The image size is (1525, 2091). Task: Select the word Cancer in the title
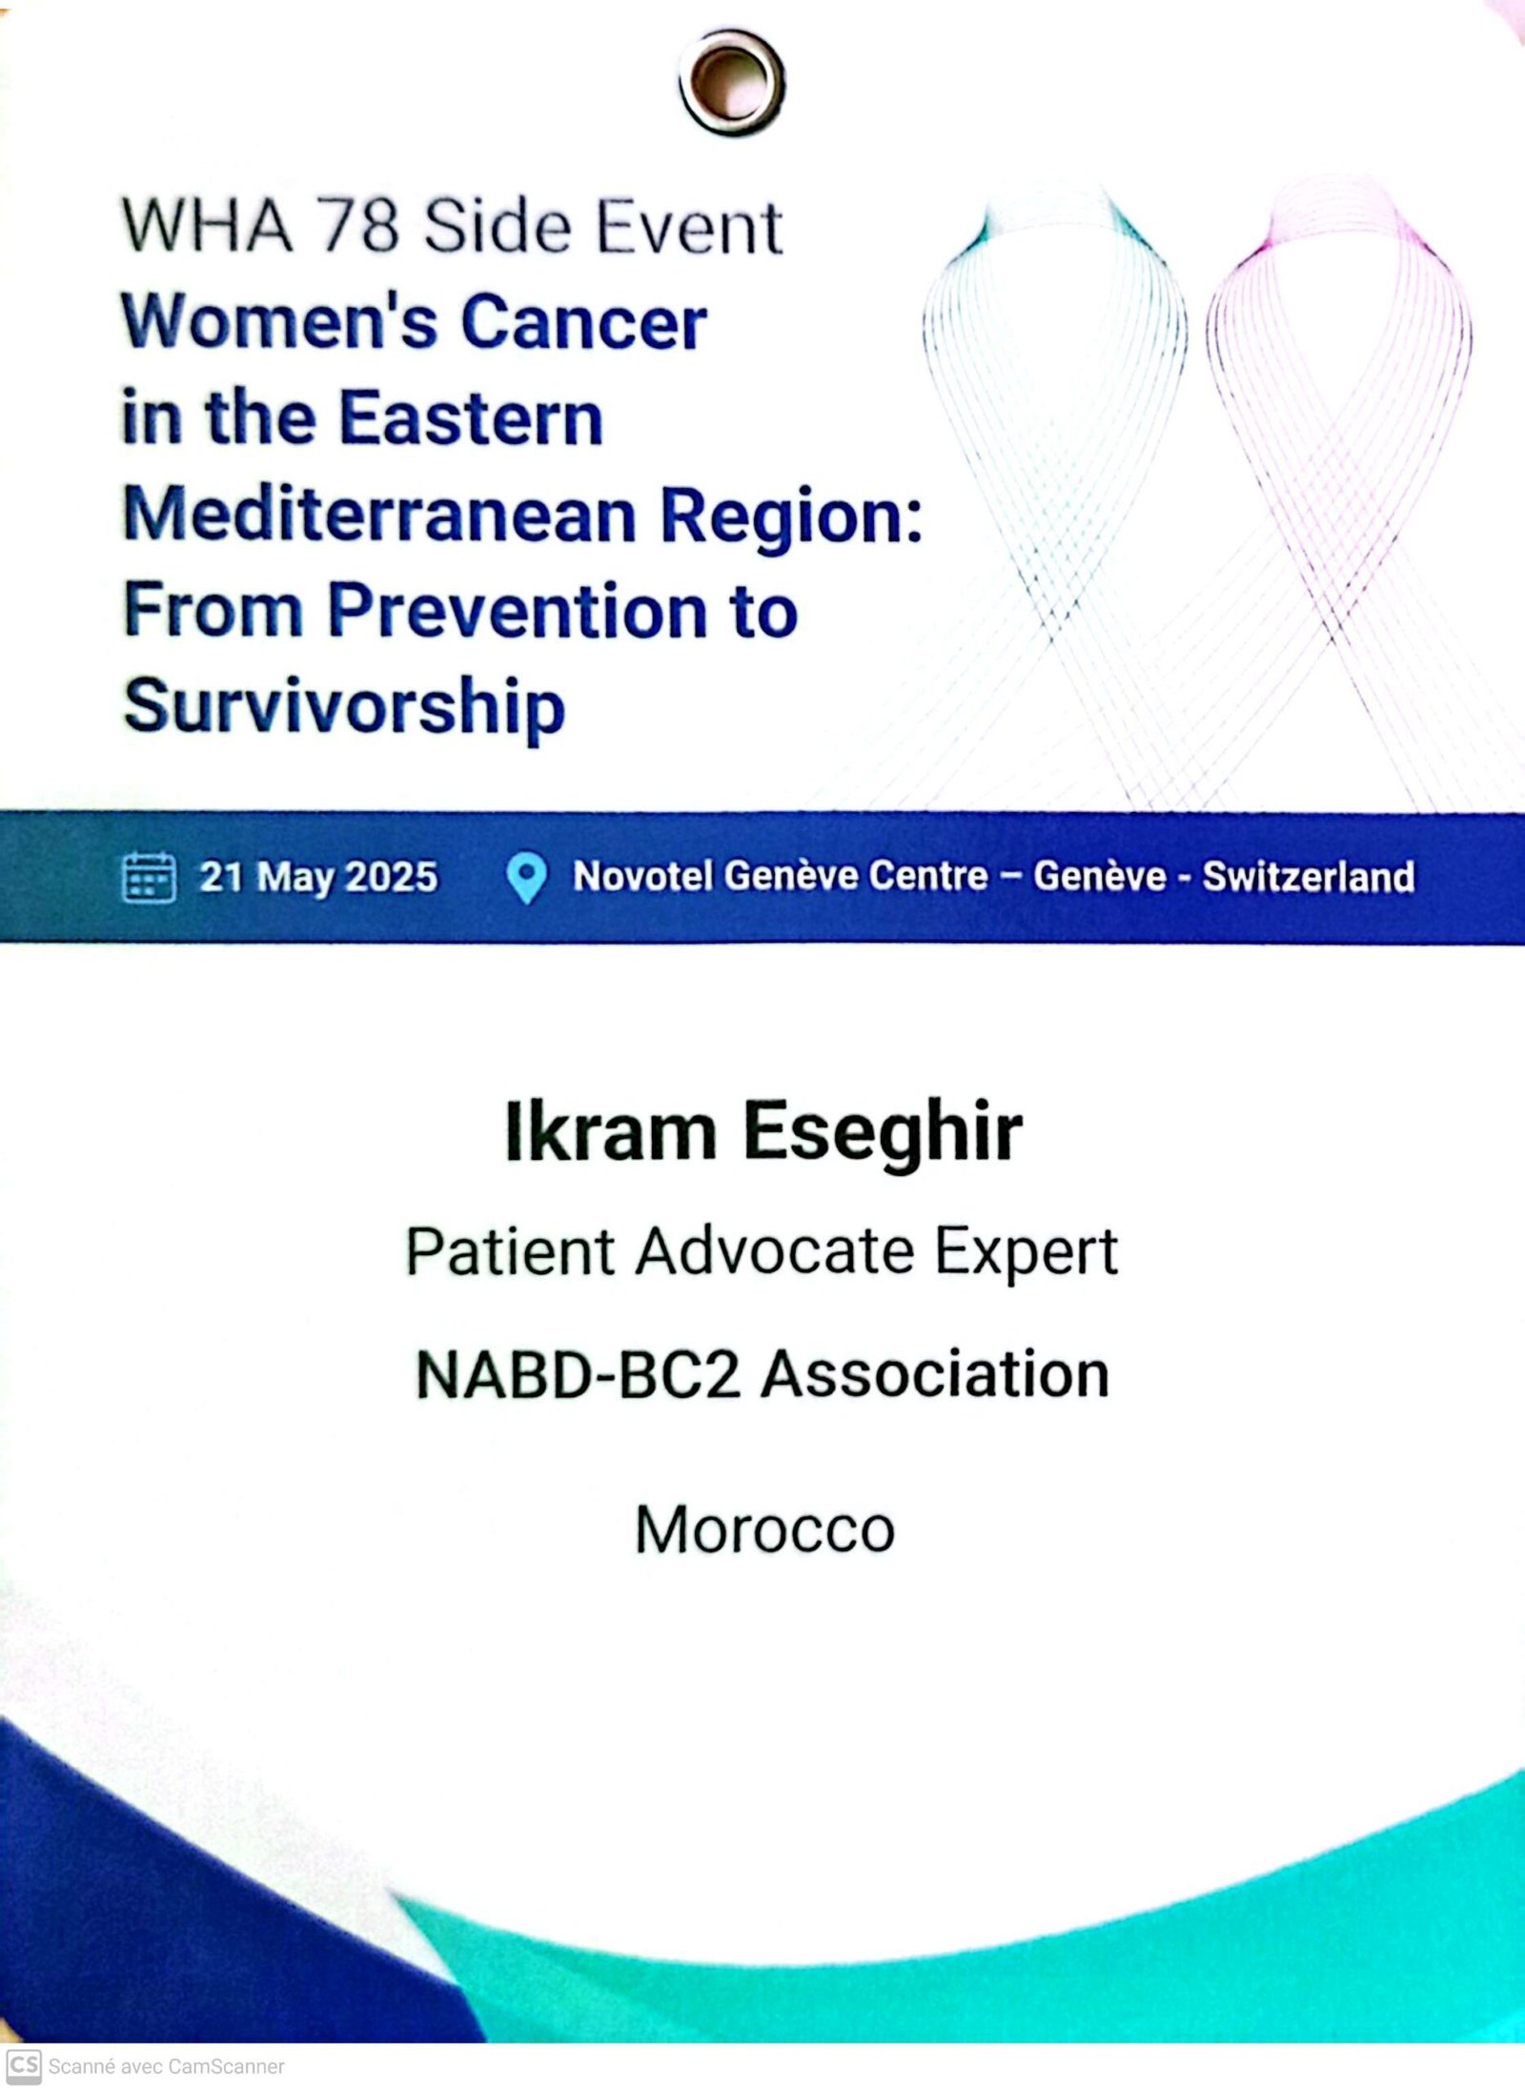click(x=584, y=322)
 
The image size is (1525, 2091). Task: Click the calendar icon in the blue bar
click(x=149, y=877)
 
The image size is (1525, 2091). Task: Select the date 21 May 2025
click(x=318, y=878)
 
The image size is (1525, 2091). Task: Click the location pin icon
click(x=526, y=878)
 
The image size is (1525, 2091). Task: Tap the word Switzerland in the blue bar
click(x=1308, y=877)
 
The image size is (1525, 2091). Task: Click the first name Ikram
click(x=610, y=1131)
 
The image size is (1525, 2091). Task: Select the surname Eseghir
click(x=883, y=1133)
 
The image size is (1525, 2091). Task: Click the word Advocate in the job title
click(x=775, y=1251)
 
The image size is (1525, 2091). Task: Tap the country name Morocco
click(x=765, y=1530)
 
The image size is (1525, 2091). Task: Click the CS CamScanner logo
click(x=24, y=2066)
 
